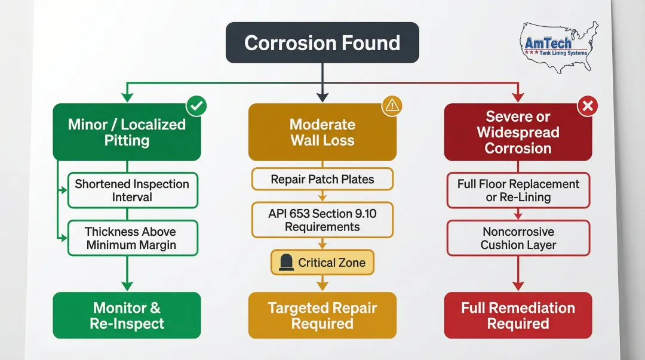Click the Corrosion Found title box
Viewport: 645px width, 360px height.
pos(322,43)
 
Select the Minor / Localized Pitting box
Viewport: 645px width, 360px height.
pos(127,132)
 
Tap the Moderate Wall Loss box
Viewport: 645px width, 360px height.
pos(322,132)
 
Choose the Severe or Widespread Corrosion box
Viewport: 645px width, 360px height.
pos(518,132)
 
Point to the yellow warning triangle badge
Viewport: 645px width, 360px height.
pos(392,106)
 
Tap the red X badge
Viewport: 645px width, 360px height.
pos(587,106)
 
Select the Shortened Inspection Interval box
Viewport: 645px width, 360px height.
pos(132,190)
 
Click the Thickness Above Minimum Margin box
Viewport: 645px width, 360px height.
pos(132,238)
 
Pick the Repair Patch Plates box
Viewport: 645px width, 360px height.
pos(322,179)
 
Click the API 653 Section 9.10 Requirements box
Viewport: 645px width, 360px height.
pos(322,220)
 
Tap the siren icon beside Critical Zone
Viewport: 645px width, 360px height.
pos(286,263)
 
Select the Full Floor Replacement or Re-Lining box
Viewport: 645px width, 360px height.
pos(518,190)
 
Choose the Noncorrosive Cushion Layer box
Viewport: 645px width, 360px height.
pos(518,238)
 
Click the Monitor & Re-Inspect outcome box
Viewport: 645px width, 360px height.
pos(127,315)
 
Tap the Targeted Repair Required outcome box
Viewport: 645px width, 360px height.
pos(322,315)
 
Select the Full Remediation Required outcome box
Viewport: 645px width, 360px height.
pos(518,315)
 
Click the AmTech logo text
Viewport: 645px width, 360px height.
pos(548,44)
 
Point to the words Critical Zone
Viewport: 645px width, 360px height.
pos(331,263)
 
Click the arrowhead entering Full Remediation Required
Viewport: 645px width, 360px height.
pos(518,287)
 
